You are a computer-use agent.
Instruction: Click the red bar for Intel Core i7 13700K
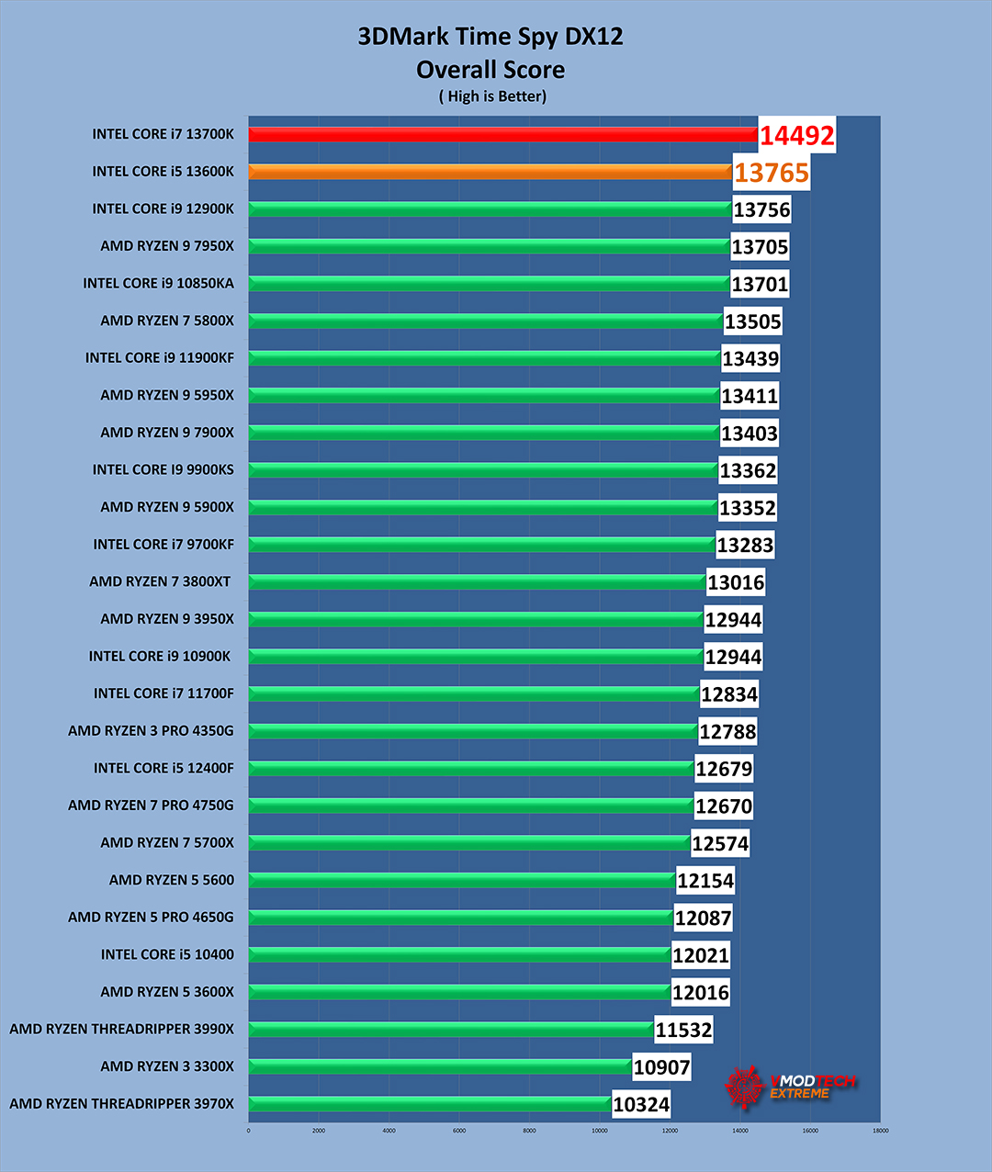pyautogui.click(x=502, y=134)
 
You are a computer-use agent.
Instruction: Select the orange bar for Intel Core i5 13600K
pyautogui.click(x=490, y=172)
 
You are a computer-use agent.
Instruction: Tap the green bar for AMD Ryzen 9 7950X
pyautogui.click(x=489, y=246)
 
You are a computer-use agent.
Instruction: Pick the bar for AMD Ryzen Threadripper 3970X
pyautogui.click(x=429, y=1103)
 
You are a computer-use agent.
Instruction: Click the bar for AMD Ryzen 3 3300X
pyautogui.click(x=439, y=1066)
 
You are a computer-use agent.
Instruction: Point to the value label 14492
pyautogui.click(x=797, y=136)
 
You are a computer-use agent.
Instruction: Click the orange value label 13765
pyautogui.click(x=772, y=173)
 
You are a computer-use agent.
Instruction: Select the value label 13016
pyautogui.click(x=736, y=582)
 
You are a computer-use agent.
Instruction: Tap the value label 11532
pyautogui.click(x=683, y=1030)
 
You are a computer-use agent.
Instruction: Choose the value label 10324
pyautogui.click(x=641, y=1104)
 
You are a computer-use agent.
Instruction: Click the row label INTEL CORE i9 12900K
pyautogui.click(x=163, y=208)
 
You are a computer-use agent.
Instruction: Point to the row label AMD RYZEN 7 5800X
pyautogui.click(x=167, y=321)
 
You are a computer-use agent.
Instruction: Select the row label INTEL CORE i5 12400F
pyautogui.click(x=163, y=768)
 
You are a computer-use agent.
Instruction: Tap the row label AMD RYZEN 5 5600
pyautogui.click(x=172, y=880)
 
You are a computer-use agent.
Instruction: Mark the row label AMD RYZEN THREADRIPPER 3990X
pyautogui.click(x=121, y=1029)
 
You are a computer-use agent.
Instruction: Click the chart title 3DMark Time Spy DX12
pyautogui.click(x=490, y=37)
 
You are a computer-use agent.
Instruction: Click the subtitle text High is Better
pyautogui.click(x=493, y=96)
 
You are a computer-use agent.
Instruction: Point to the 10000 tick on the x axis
pyautogui.click(x=600, y=1131)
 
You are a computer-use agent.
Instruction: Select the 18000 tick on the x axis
pyautogui.click(x=880, y=1131)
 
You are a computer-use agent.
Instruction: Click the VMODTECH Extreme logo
pyautogui.click(x=790, y=1087)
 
